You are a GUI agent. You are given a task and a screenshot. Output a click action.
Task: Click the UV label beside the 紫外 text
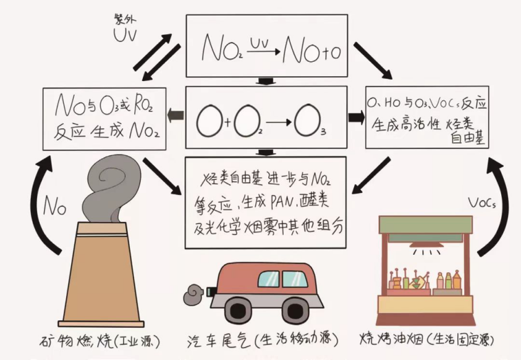pyautogui.click(x=125, y=35)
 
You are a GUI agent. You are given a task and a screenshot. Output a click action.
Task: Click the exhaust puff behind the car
pyautogui.click(x=193, y=295)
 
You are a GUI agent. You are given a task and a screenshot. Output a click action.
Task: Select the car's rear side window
pyautogui.click(x=268, y=279)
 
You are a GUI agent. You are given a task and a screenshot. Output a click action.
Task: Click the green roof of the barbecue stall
pyautogui.click(x=426, y=225)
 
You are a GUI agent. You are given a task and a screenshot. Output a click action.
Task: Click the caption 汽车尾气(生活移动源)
pyautogui.click(x=263, y=340)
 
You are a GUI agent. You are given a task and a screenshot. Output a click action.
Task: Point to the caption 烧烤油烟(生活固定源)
pyautogui.click(x=427, y=340)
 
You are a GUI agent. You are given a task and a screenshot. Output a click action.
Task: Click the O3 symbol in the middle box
pyautogui.click(x=309, y=121)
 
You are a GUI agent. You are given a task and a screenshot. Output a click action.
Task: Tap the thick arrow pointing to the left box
pyautogui.click(x=176, y=116)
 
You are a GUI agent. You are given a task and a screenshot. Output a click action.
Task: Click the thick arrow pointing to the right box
pyautogui.click(x=356, y=117)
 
